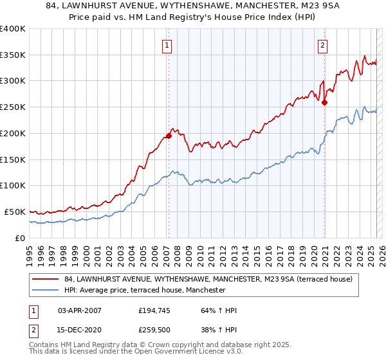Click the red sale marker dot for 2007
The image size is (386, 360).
click(169, 136)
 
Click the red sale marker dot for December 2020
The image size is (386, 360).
click(324, 102)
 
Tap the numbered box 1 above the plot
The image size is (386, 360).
click(167, 45)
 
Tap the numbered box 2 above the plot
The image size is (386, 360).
click(322, 45)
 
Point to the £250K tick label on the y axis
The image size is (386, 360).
click(13, 107)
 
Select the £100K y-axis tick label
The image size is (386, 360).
click(13, 186)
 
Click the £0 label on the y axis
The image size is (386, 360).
click(20, 238)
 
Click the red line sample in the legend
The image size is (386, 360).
click(45, 280)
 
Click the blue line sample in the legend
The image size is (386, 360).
click(45, 290)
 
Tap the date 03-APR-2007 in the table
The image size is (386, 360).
click(80, 310)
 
